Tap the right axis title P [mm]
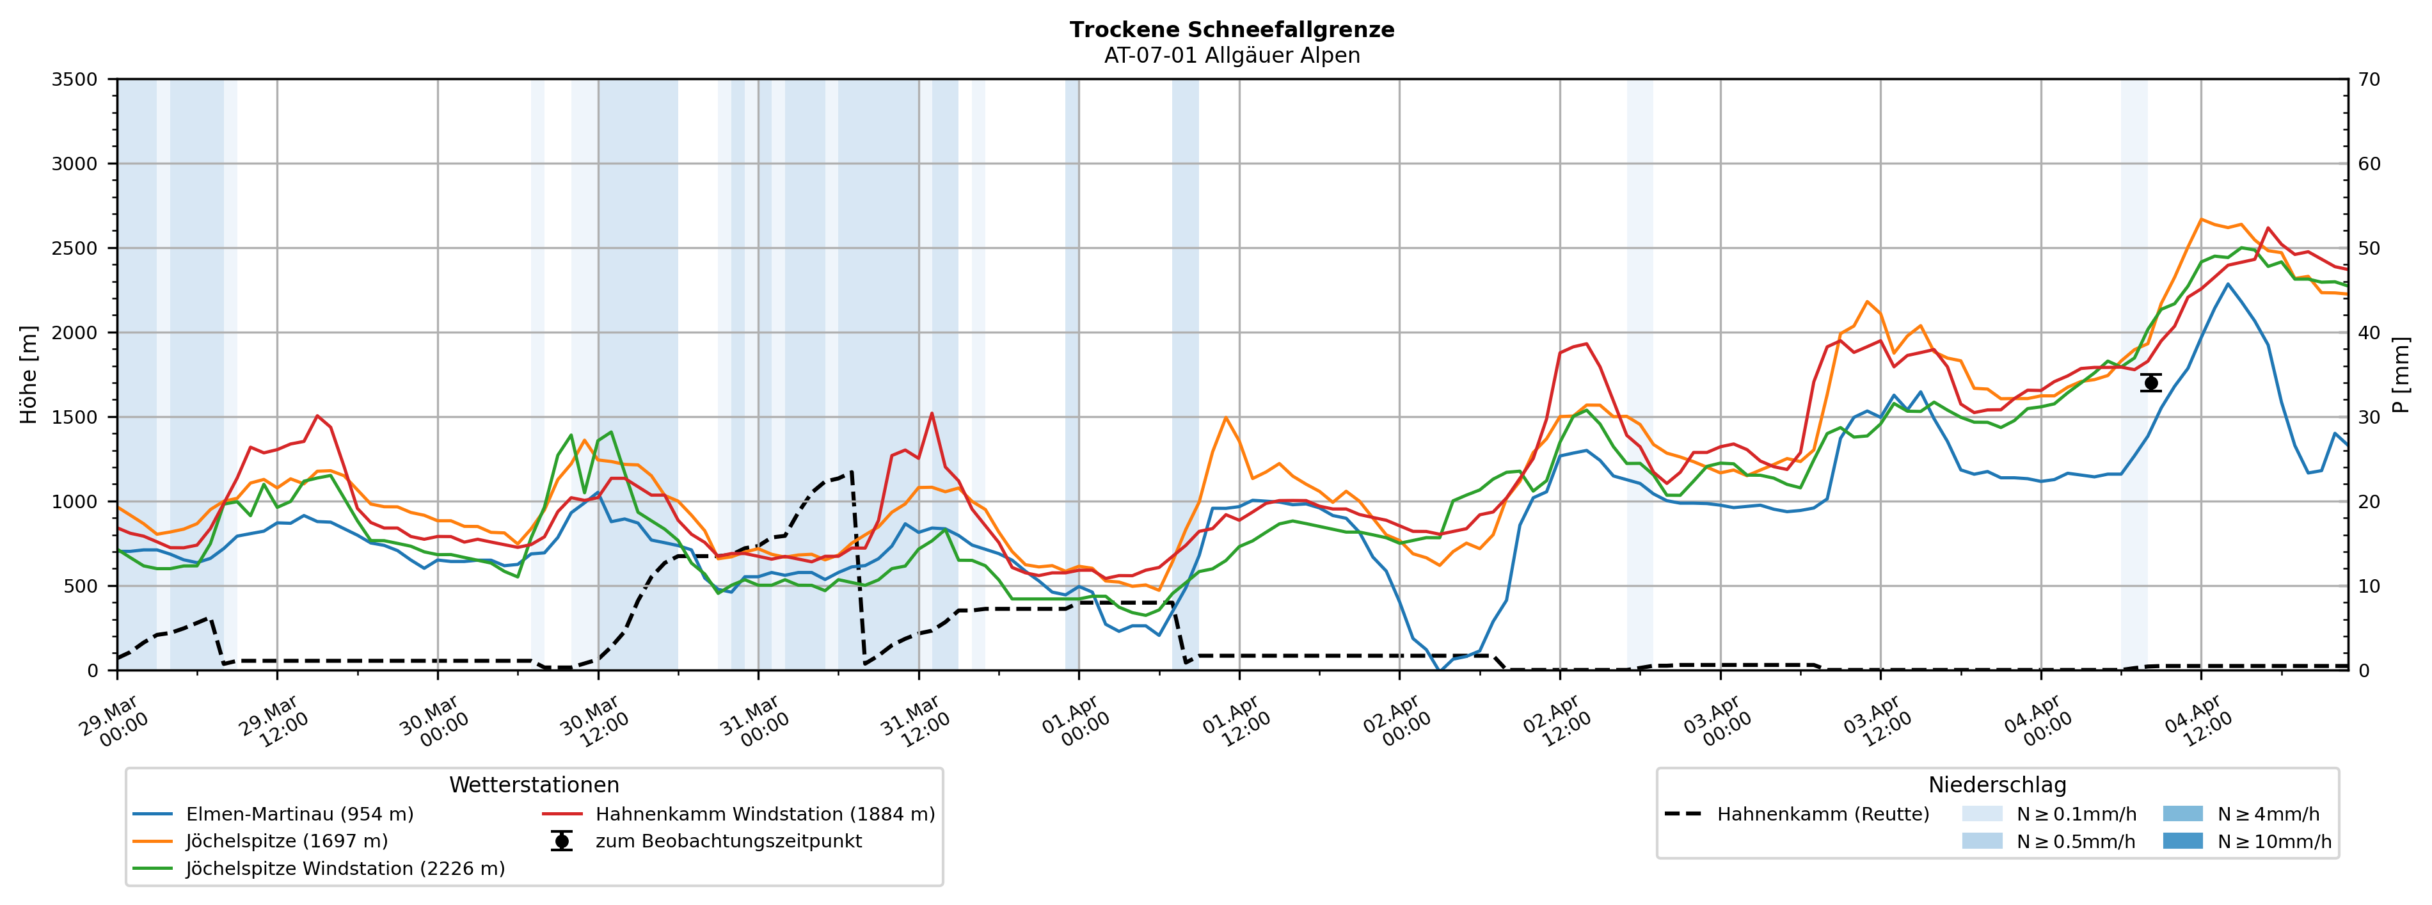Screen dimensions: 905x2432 (2401, 374)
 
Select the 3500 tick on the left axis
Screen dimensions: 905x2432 (75, 79)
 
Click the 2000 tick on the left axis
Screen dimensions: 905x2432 (75, 333)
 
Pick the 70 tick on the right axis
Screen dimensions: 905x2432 (2369, 79)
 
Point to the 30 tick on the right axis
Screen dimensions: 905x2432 (2369, 417)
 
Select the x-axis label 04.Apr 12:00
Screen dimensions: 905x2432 (2198, 723)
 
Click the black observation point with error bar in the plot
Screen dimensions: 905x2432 (2150, 383)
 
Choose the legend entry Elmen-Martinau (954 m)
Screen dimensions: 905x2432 (299, 814)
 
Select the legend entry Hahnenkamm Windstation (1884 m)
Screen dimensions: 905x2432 (765, 814)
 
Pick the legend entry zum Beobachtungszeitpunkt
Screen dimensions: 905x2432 (728, 842)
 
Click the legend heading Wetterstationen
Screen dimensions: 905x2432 (534, 785)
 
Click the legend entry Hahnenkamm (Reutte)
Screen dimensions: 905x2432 (1822, 814)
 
